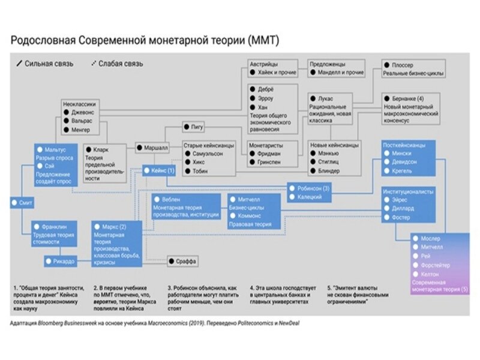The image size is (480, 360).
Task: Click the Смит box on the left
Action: tap(22, 203)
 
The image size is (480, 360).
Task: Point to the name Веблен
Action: tap(172, 199)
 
